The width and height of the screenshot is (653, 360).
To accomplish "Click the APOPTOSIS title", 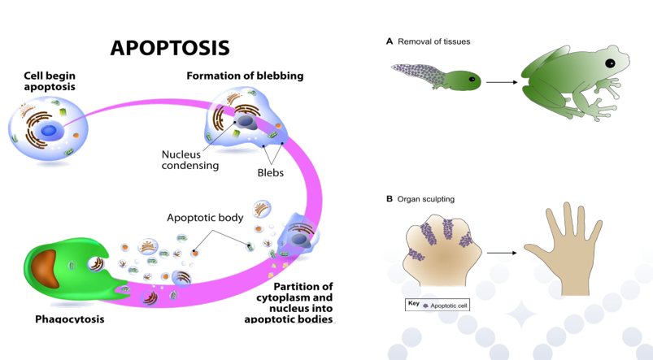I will [170, 47].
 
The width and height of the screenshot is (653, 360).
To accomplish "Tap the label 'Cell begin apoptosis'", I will [50, 80].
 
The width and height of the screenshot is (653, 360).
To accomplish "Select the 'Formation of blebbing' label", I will [245, 76].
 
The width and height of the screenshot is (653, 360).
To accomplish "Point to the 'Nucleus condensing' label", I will [190, 160].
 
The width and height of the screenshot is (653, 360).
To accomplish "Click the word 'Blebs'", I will [270, 173].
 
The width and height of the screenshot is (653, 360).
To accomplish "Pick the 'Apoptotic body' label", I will [205, 218].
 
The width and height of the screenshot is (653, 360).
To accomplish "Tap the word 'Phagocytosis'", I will [69, 319].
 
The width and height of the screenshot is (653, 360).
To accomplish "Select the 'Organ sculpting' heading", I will [425, 199].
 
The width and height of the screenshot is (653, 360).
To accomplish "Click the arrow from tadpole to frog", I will [502, 83].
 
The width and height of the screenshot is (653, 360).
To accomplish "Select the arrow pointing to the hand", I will [502, 253].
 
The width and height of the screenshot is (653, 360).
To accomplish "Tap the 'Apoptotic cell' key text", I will [449, 306].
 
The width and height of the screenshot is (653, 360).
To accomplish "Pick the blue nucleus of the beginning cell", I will [50, 130].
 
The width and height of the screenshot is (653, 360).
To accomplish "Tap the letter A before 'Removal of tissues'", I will [390, 41].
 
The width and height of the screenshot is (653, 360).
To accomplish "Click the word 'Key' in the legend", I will [413, 303].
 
